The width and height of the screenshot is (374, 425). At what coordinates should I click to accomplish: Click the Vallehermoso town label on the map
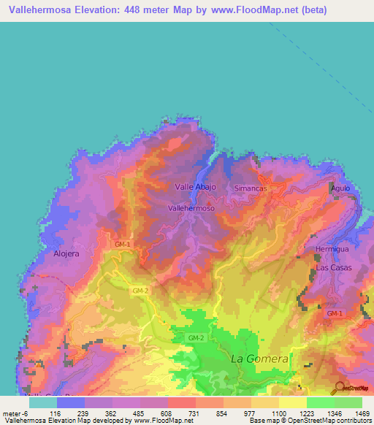[191, 208]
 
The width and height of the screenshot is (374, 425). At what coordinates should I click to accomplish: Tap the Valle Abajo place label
[195, 187]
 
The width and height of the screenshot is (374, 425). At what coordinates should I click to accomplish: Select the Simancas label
[251, 188]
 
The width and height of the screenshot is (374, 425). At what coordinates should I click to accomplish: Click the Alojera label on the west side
[66, 253]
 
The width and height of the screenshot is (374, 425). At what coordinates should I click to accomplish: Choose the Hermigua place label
[328, 249]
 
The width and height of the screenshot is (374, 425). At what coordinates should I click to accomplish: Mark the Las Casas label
[333, 268]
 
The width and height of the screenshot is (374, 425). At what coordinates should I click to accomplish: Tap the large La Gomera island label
[260, 359]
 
